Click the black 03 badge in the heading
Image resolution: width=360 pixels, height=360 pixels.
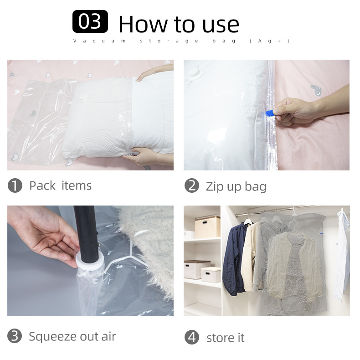[90, 21]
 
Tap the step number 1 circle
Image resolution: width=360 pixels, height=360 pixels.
[15, 185]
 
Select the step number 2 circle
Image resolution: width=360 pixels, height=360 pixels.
[192, 185]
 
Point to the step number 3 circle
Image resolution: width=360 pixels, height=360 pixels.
[15, 336]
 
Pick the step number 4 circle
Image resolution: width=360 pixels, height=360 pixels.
[192, 337]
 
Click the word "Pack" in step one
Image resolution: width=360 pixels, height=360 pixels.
[42, 185]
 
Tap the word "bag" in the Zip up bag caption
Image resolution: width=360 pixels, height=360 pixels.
[256, 186]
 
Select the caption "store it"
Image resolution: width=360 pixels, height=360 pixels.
[226, 338]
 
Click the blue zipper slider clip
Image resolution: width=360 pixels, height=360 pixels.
[271, 113]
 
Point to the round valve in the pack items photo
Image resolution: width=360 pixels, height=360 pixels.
[83, 98]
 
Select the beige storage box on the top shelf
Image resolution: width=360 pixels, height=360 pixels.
[207, 227]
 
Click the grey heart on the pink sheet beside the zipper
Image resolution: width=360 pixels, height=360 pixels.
[316, 90]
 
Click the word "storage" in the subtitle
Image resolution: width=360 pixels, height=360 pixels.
[169, 41]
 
